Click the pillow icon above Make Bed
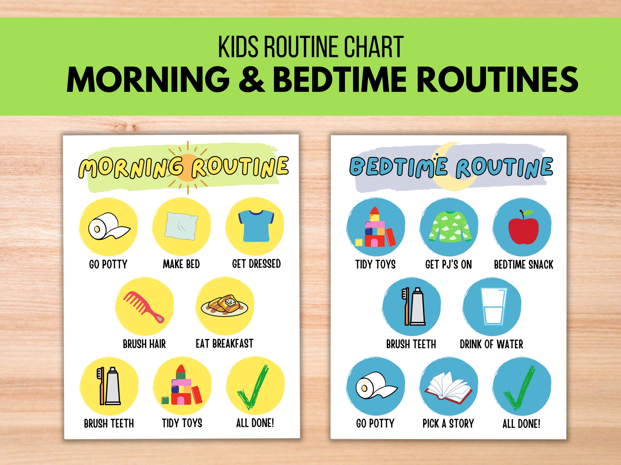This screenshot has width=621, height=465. pyautogui.click(x=182, y=226)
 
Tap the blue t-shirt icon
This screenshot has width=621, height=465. pyautogui.click(x=256, y=226)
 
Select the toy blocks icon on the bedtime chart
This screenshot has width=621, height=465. pyautogui.click(x=375, y=228)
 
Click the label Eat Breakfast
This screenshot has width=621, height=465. pyautogui.click(x=224, y=344)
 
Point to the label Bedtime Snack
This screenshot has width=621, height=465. pyautogui.click(x=523, y=265)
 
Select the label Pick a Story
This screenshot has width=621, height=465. pyautogui.click(x=448, y=423)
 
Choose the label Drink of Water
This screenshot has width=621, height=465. pyautogui.click(x=491, y=344)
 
